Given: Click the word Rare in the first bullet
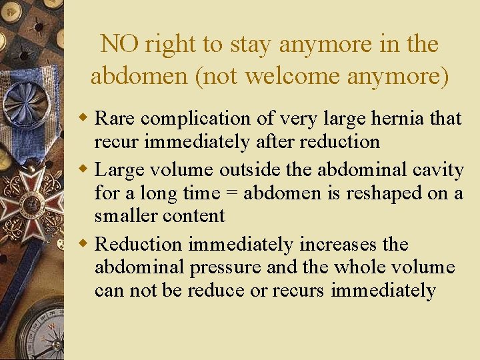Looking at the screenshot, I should tap(116, 119).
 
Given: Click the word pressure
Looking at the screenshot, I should tap(225, 268).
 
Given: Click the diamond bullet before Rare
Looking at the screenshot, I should tap(84, 119).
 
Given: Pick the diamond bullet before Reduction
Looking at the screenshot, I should tap(84, 245).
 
